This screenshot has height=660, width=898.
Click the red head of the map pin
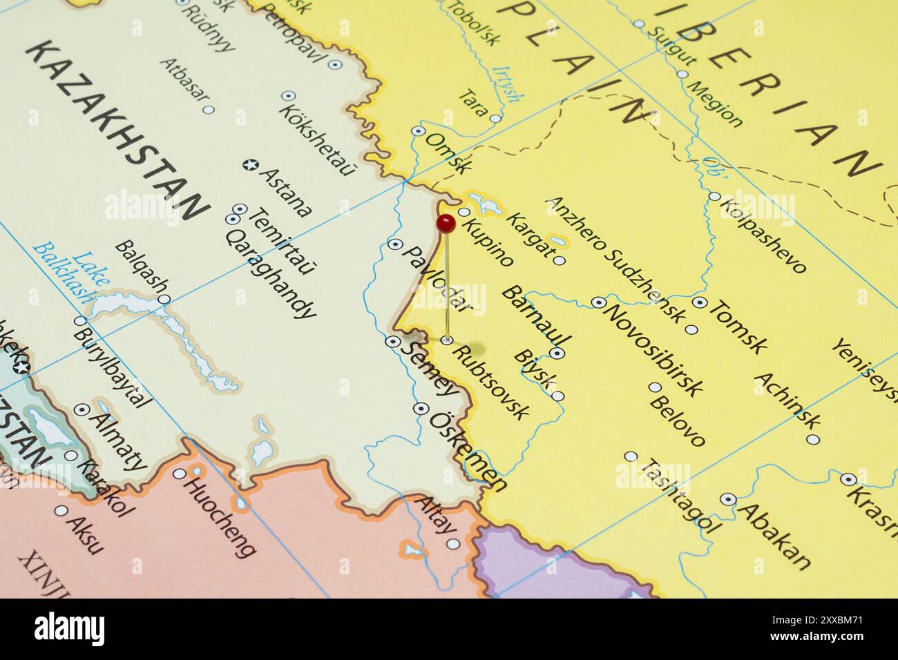(446, 222)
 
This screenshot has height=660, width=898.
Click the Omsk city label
(449, 153)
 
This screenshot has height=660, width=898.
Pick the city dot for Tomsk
(699, 302)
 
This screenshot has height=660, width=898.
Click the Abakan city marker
(727, 498)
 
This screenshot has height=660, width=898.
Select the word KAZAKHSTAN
(117, 131)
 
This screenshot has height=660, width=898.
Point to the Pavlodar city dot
(395, 244)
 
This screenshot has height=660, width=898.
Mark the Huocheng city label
(218, 514)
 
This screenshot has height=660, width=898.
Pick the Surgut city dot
(639, 24)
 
